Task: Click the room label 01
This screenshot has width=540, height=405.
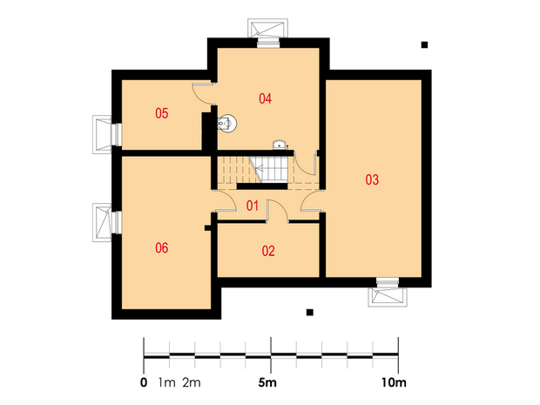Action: tap(253, 206)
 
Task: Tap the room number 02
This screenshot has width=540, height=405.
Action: tap(268, 251)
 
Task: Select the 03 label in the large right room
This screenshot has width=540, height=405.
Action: tap(372, 179)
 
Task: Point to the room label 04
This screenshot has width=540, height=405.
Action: tap(265, 98)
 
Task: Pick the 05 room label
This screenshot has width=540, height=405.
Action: tap(161, 113)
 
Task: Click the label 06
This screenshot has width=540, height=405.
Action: tap(161, 248)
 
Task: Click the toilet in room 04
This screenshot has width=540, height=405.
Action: tap(227, 123)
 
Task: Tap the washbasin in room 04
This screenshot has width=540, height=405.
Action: tap(280, 145)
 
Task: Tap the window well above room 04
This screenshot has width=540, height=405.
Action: tap(267, 28)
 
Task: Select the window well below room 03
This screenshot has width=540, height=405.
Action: tap(388, 297)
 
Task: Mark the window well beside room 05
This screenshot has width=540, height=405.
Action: tap(102, 134)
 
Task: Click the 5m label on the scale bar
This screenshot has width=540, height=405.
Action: tap(267, 382)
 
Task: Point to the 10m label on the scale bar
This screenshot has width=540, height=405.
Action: tap(394, 382)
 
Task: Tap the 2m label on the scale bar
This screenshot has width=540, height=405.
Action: tap(192, 382)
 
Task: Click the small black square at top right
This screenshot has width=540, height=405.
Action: tap(425, 44)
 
